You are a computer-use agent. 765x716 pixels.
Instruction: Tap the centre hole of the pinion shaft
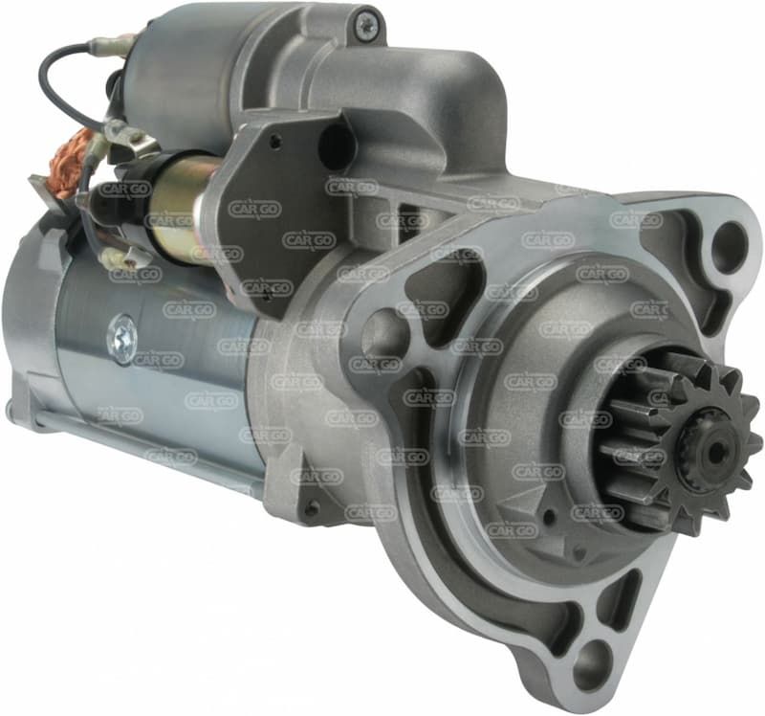[x=714, y=452]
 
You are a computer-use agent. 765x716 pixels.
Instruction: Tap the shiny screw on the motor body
[x=121, y=338]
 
